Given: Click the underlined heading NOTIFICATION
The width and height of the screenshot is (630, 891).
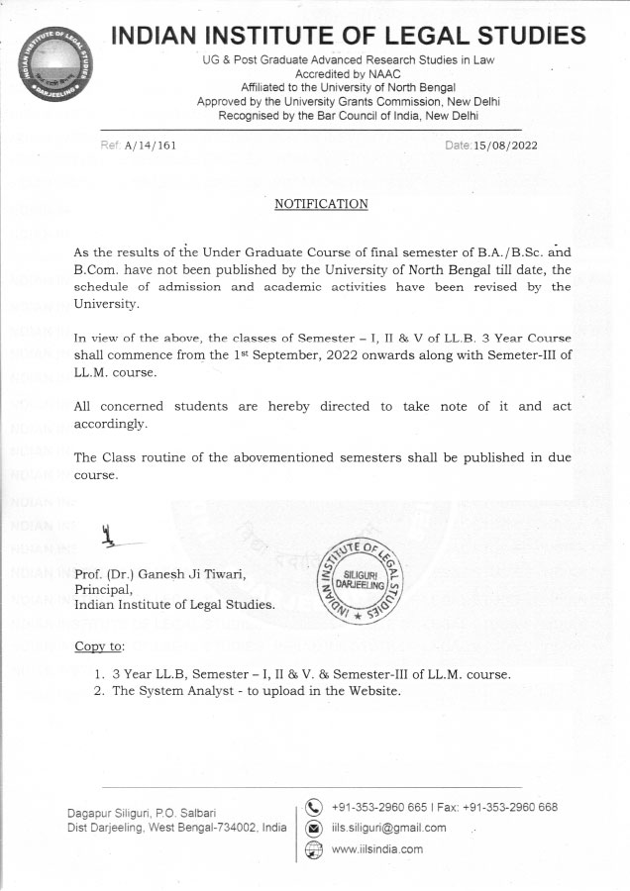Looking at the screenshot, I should coord(320,204).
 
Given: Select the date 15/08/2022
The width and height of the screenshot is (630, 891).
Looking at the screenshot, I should coord(506,146).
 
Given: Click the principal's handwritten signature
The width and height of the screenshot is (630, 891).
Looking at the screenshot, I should coord(114,540).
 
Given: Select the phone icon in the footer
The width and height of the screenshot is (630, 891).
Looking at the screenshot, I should coord(315,806).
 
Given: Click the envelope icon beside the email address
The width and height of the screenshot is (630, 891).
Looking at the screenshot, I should coord(315,828).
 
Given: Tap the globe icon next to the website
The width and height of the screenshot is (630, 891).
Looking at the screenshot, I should coord(315,848).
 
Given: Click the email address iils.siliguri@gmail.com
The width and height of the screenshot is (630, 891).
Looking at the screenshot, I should coord(389,828).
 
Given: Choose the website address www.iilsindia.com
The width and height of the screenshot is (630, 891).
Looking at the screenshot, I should coord(377,849).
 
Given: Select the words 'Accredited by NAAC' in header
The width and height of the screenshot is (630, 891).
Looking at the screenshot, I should coord(346,74).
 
